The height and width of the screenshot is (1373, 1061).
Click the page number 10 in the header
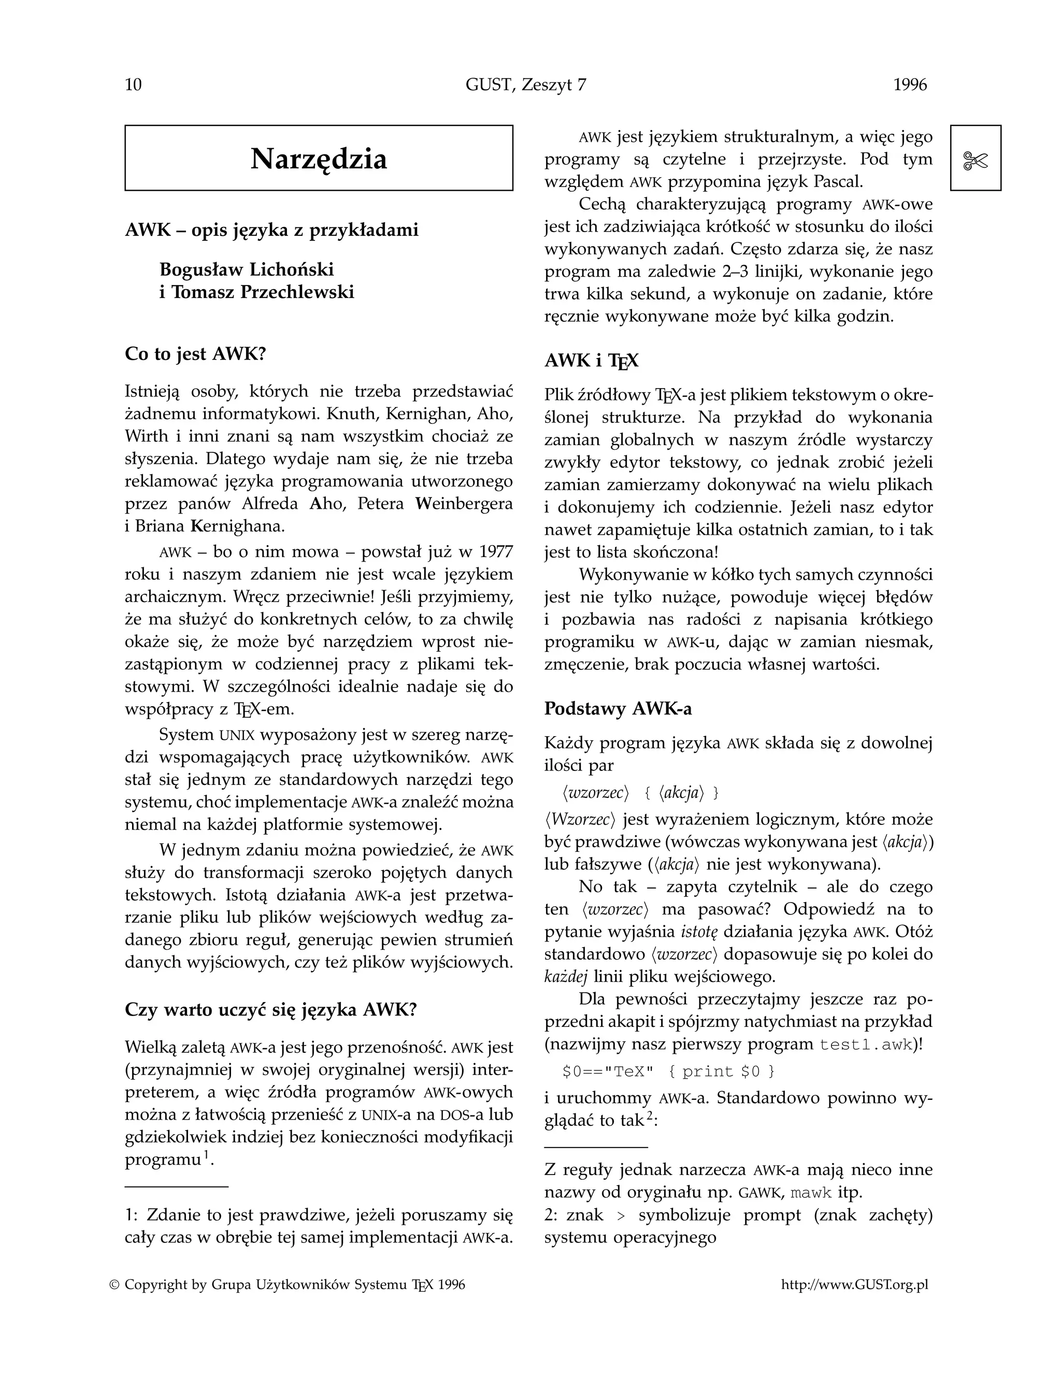[133, 85]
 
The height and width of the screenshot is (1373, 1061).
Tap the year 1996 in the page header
[910, 85]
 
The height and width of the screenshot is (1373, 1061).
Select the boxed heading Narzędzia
[319, 159]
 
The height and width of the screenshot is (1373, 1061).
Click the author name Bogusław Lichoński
[247, 270]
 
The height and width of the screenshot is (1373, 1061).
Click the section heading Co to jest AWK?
[195, 354]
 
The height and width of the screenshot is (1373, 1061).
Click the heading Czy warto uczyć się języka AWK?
[271, 1010]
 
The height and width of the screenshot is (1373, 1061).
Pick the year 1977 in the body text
[495, 552]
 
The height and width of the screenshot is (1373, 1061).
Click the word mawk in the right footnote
[811, 1193]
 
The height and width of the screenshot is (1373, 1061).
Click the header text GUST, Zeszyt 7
[525, 85]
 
